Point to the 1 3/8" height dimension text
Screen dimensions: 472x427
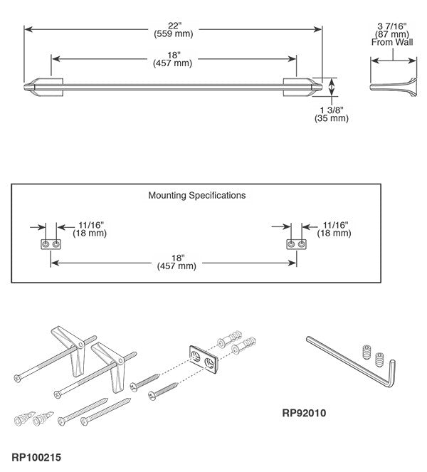(332, 110)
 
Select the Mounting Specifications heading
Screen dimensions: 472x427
(196, 194)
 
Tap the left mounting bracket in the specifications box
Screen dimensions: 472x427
(50, 244)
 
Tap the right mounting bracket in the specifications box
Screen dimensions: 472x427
(297, 244)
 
